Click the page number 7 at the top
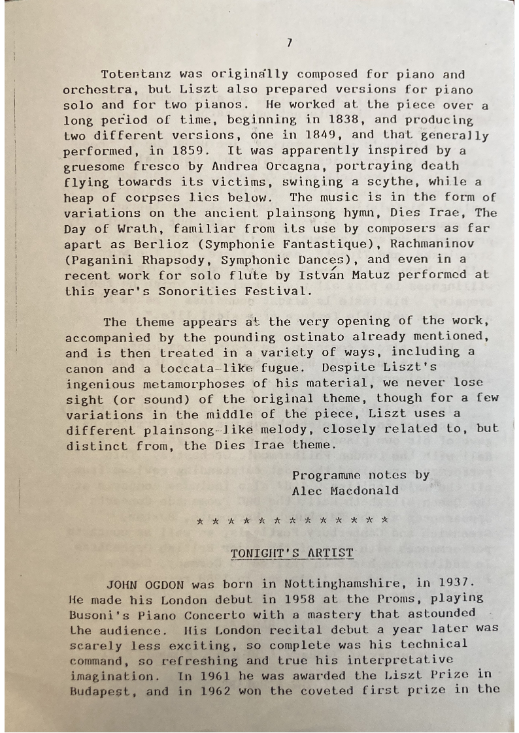[x=289, y=43]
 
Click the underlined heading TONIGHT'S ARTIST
[x=292, y=554]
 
